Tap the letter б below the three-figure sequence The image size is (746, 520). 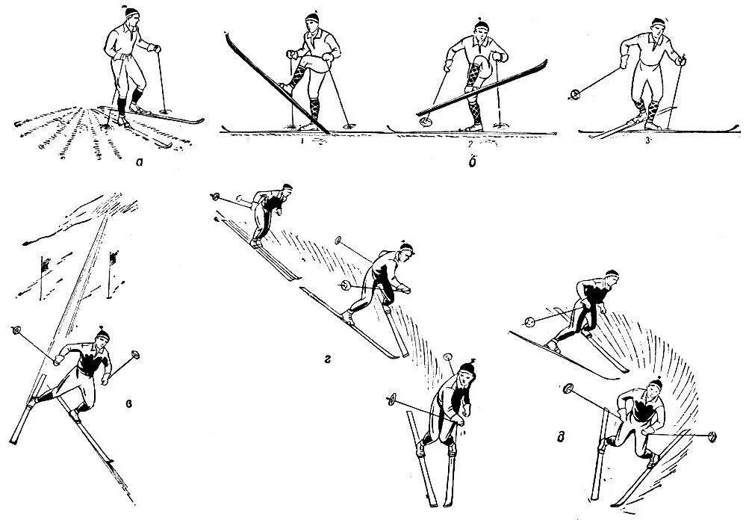click(x=469, y=162)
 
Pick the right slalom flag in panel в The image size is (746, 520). click(x=114, y=259)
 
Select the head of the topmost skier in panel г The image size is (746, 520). click(x=285, y=191)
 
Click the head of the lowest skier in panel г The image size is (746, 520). click(x=466, y=372)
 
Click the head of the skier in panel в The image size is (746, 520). click(x=101, y=337)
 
